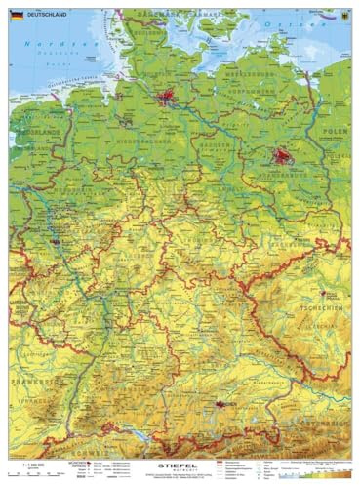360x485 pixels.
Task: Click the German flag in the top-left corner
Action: (17, 16)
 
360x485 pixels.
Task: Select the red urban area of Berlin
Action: (284, 155)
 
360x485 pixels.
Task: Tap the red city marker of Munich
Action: (220, 402)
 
